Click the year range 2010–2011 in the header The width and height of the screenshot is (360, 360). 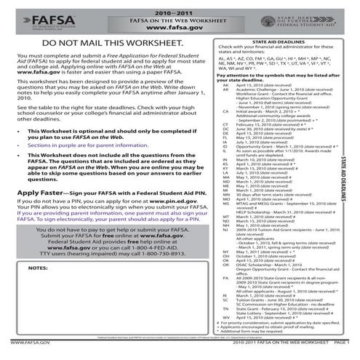(x=179, y=6)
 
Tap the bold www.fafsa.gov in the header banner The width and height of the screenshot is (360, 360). (x=179, y=23)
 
